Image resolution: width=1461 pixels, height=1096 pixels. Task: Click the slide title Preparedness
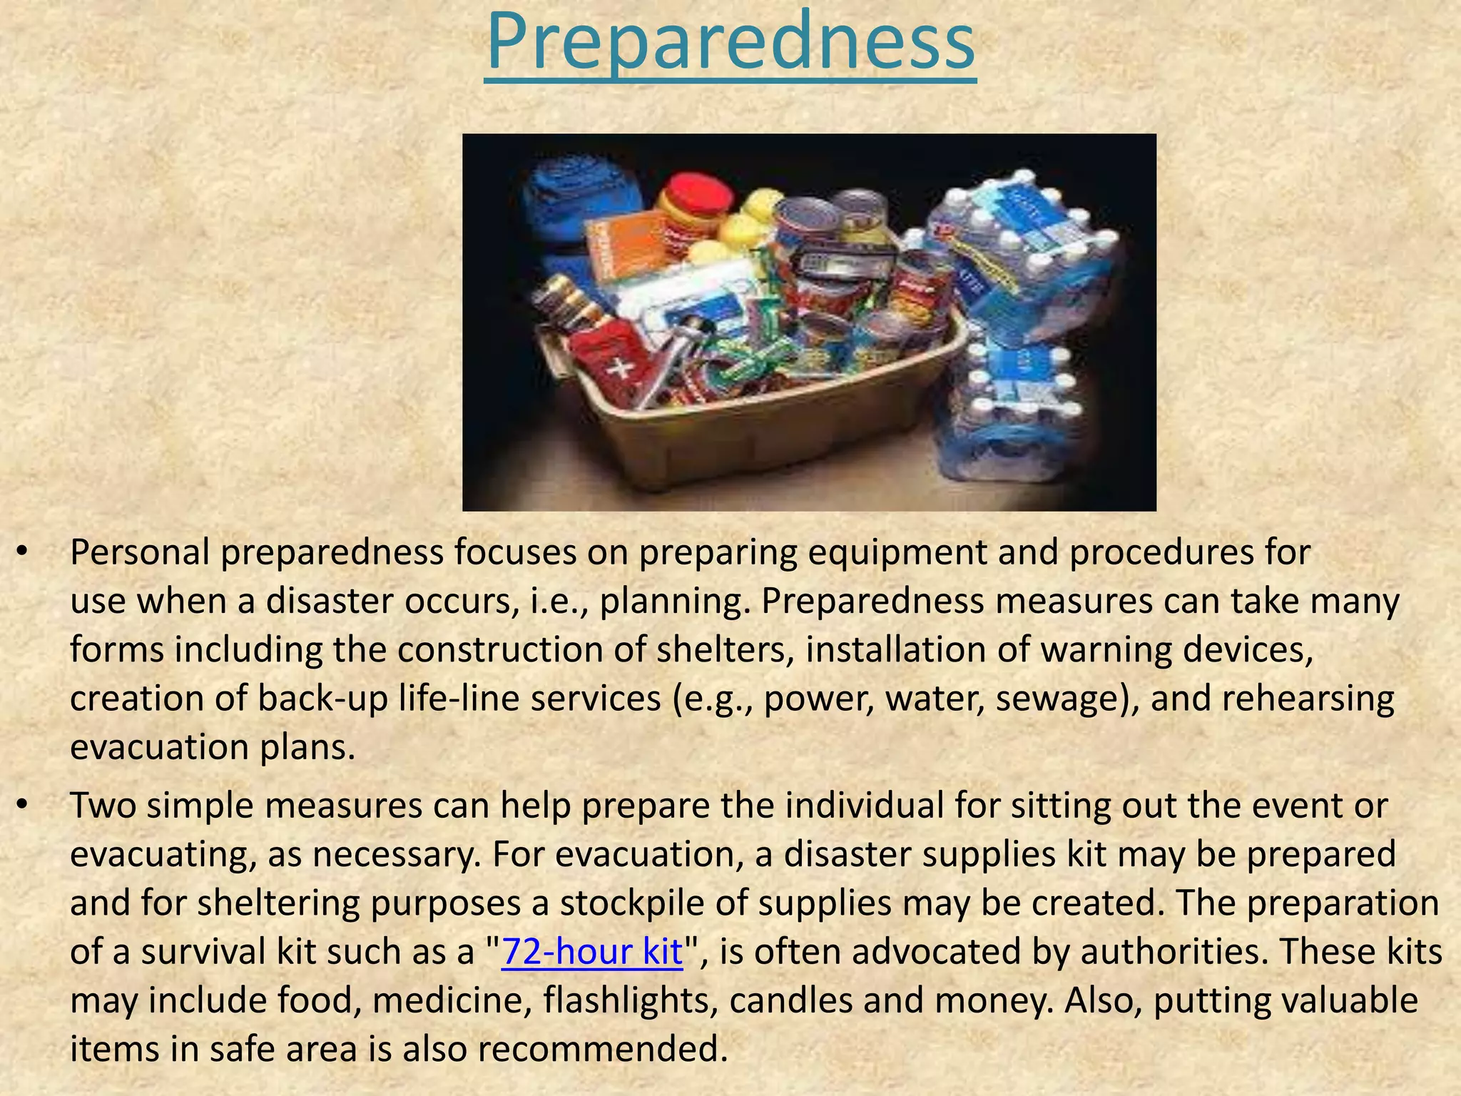730,43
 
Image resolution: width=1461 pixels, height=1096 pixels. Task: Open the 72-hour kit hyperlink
592,952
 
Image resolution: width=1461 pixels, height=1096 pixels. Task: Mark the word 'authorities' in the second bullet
1170,952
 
